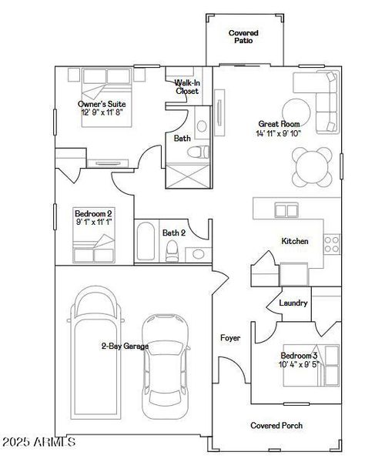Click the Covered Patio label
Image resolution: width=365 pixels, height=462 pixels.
click(243, 37)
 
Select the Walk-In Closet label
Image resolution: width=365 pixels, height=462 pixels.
click(186, 86)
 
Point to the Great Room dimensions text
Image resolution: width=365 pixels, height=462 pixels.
click(279, 133)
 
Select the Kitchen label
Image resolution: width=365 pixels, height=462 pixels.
click(294, 241)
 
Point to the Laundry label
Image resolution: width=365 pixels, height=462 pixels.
click(293, 303)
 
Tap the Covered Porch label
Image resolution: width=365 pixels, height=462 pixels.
click(276, 425)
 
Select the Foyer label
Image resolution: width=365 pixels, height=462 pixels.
click(229, 337)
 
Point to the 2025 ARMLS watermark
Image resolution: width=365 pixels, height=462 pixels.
click(39, 442)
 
